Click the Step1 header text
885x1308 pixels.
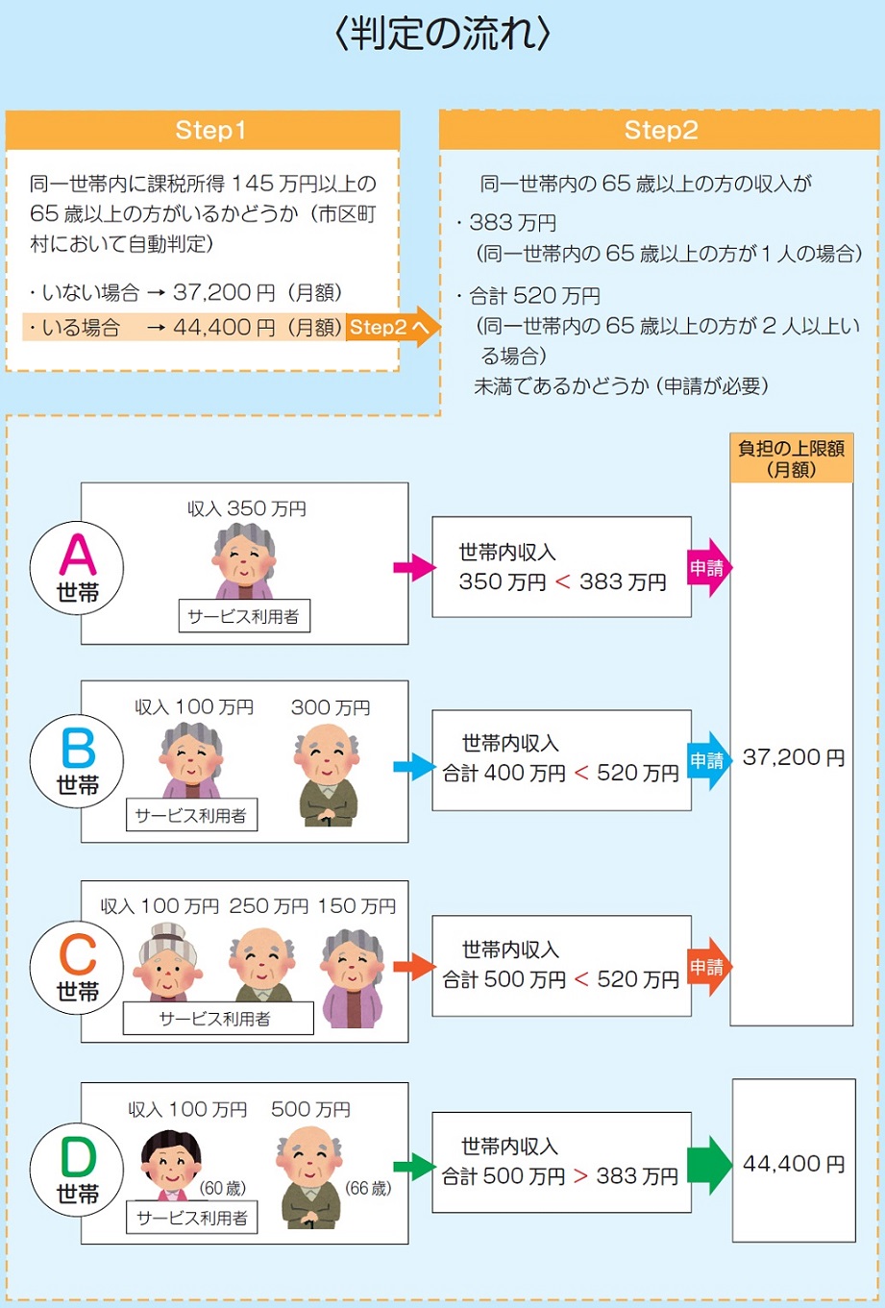tap(210, 130)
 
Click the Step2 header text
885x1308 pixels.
tap(661, 130)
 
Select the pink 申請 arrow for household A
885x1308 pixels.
tap(709, 568)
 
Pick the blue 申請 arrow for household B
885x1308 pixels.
tap(709, 761)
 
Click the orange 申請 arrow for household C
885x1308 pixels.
tap(709, 967)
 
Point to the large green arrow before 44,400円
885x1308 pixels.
tap(709, 1165)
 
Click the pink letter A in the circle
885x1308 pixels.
tap(78, 555)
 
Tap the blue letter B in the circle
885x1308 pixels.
tap(78, 748)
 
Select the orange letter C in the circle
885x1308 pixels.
tap(78, 954)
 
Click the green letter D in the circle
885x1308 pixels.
tap(78, 1157)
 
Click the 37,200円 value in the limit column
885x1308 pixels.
tap(794, 757)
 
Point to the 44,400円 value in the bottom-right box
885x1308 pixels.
tap(794, 1164)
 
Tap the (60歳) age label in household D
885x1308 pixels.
tap(222, 1188)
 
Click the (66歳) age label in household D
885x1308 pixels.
tap(368, 1188)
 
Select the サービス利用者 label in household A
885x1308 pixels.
tap(244, 616)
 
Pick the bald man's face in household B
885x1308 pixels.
tap(327, 753)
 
